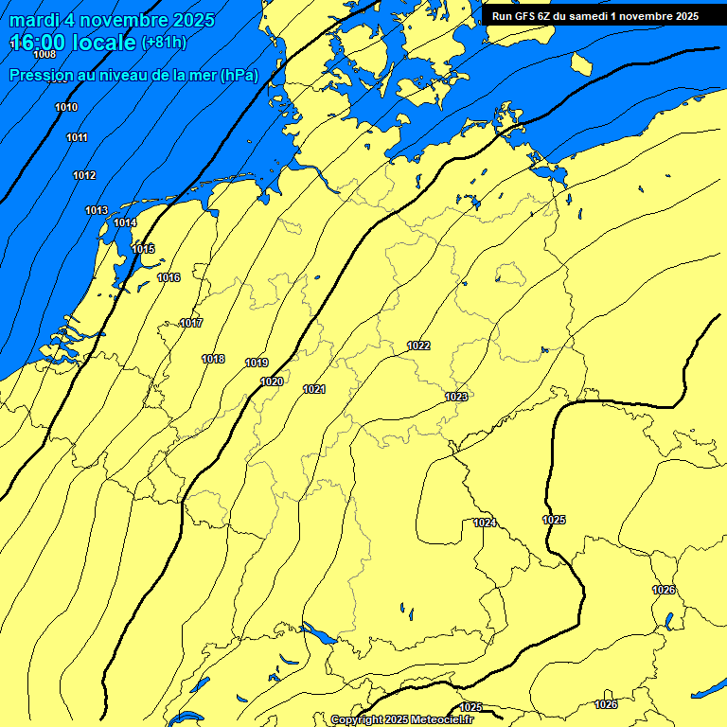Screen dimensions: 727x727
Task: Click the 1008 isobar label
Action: pyautogui.click(x=44, y=54)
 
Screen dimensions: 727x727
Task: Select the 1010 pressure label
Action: pyautogui.click(x=66, y=107)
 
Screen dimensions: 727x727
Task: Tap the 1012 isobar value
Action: pyautogui.click(x=84, y=175)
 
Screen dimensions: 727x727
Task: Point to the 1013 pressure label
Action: pyautogui.click(x=97, y=210)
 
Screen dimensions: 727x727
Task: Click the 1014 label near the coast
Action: pyautogui.click(x=125, y=222)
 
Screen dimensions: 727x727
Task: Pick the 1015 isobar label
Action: pyautogui.click(x=143, y=249)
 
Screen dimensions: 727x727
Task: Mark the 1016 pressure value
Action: pyautogui.click(x=168, y=277)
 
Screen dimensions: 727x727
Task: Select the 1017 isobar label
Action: pyautogui.click(x=191, y=323)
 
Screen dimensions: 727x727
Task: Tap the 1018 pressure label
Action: pyautogui.click(x=213, y=359)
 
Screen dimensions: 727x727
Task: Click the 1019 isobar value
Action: pyautogui.click(x=257, y=363)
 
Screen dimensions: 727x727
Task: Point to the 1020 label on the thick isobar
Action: pyautogui.click(x=272, y=381)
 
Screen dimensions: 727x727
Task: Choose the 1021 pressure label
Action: pyautogui.click(x=314, y=389)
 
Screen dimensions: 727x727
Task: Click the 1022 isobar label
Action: pyautogui.click(x=418, y=346)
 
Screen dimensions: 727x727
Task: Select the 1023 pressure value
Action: pyautogui.click(x=456, y=397)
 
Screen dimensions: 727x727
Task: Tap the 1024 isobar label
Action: pyautogui.click(x=485, y=523)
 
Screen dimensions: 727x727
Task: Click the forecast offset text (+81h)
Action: pyautogui.click(x=164, y=43)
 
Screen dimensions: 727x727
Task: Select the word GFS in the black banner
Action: pyautogui.click(x=525, y=16)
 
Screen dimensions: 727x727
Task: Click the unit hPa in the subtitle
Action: pyautogui.click(x=239, y=75)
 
